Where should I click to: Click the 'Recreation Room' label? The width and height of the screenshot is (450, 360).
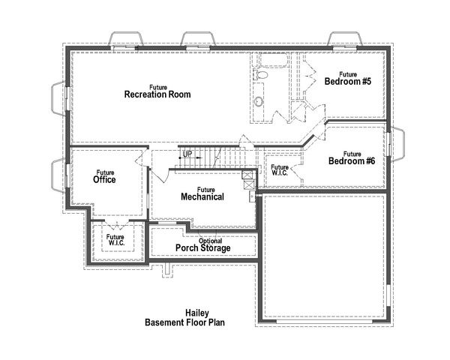click(157, 95)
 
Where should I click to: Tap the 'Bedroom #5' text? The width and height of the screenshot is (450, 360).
click(347, 82)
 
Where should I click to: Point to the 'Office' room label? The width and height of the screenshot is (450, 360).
click(104, 180)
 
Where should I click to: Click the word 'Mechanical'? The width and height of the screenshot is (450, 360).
click(202, 197)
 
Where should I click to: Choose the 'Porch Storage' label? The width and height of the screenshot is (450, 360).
click(202, 248)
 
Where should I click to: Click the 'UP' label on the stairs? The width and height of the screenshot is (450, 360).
click(187, 154)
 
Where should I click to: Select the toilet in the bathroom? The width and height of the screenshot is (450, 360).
click(262, 76)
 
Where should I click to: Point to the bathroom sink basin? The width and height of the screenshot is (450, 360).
click(259, 102)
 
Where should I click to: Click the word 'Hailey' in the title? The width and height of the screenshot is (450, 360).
click(197, 313)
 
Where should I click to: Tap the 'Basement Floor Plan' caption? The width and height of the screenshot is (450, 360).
click(185, 322)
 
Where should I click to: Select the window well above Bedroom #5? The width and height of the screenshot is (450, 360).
click(346, 39)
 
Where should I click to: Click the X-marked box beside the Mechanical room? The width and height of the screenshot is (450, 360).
click(247, 177)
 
